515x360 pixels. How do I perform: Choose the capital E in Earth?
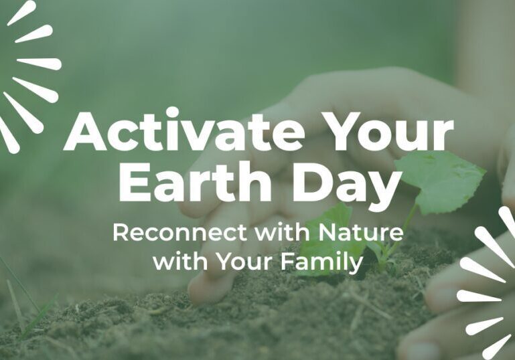130,182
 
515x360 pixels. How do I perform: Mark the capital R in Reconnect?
121,233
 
